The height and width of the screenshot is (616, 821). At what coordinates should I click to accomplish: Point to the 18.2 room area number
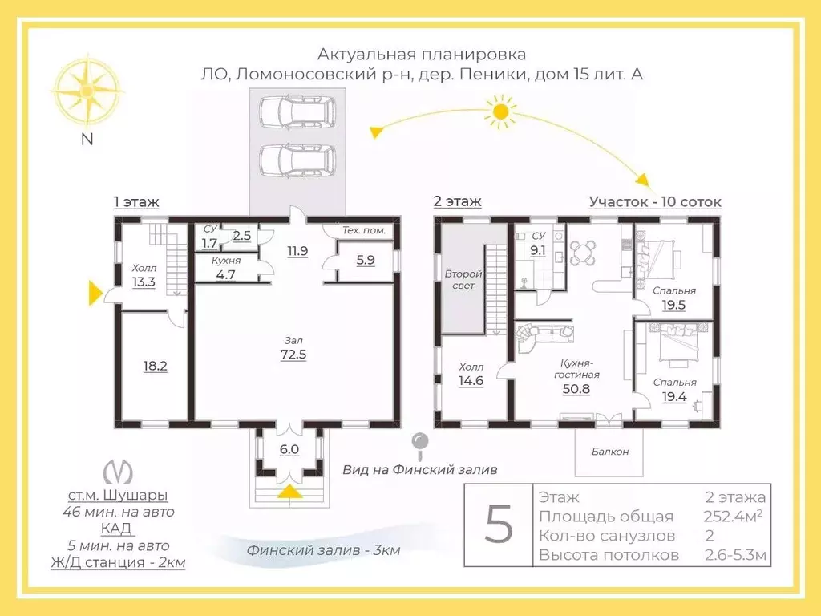pyautogui.click(x=155, y=366)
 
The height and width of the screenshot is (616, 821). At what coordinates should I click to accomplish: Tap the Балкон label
pyautogui.click(x=611, y=452)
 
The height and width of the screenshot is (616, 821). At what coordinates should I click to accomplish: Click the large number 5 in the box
pyautogui.click(x=498, y=525)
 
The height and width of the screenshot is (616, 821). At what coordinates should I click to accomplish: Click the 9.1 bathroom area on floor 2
pyautogui.click(x=539, y=249)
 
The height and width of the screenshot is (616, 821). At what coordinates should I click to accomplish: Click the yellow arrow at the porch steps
pyautogui.click(x=289, y=491)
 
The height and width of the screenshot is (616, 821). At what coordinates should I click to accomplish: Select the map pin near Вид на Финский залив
pyautogui.click(x=419, y=443)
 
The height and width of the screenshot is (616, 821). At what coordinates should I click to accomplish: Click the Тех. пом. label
pyautogui.click(x=364, y=231)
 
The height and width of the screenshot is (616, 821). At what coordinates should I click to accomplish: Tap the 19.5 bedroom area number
pyautogui.click(x=675, y=305)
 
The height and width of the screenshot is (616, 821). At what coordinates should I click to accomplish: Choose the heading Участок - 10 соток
pyautogui.click(x=655, y=201)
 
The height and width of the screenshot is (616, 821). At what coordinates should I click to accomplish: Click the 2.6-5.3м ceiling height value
pyautogui.click(x=736, y=555)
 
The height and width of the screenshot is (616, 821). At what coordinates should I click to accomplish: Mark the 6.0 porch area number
pyautogui.click(x=289, y=449)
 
